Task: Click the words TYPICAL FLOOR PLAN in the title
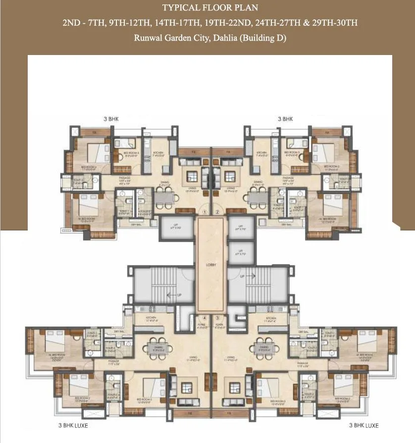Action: [207, 8]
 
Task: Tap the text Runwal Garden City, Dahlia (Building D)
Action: [207, 38]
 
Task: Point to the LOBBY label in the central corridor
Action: [210, 265]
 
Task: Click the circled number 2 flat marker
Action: [218, 212]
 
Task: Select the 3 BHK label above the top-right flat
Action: [285, 119]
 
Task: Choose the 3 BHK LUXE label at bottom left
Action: [74, 425]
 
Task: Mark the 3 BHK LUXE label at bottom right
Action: [363, 425]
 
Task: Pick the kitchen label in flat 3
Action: [271, 319]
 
